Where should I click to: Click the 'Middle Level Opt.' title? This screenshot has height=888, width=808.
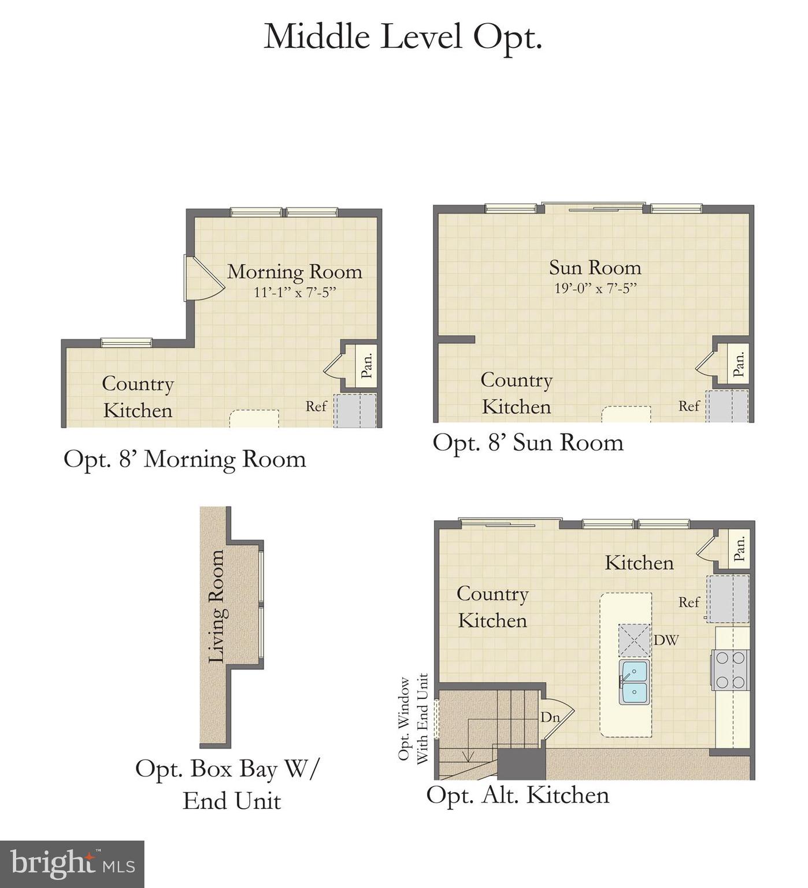click(x=403, y=37)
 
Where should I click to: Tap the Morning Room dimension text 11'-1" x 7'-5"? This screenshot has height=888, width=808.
click(x=295, y=293)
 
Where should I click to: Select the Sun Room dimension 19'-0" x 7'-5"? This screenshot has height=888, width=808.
click(x=595, y=288)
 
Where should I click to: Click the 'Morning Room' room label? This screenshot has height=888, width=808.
click(x=295, y=271)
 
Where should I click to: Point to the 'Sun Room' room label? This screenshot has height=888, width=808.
click(x=595, y=267)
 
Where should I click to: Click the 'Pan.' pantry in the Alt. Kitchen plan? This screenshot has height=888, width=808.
click(x=739, y=548)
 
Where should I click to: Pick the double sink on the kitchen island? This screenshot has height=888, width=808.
click(x=634, y=682)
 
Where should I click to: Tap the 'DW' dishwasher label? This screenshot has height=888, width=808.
click(x=666, y=640)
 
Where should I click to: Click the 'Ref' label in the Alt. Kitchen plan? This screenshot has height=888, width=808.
click(x=689, y=602)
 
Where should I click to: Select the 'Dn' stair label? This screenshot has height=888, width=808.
click(x=550, y=717)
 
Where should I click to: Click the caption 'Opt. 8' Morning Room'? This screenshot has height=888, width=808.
click(x=184, y=459)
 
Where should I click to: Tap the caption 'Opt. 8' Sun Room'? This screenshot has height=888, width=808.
click(x=528, y=443)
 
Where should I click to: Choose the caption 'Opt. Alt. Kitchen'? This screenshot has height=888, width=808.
click(x=517, y=795)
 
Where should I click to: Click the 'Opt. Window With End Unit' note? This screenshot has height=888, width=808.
click(x=413, y=719)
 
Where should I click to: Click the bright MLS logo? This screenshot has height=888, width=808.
click(x=72, y=864)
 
